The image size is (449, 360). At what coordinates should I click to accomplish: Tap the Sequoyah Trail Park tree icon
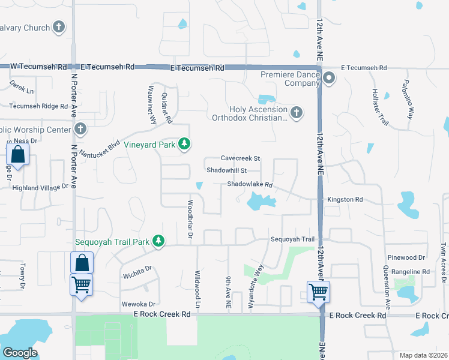158,242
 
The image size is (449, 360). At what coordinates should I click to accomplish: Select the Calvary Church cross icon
58,27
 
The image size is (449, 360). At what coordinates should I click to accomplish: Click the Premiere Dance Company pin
329,79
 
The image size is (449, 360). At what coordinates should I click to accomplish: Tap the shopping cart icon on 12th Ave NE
318,292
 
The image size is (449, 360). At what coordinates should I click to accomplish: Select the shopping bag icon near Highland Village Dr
18,154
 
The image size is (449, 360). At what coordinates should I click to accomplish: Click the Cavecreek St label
240,158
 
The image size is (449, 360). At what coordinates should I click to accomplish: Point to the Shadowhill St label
227,171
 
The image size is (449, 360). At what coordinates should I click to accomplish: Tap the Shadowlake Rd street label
250,185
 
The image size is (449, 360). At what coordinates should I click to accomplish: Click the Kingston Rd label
345,199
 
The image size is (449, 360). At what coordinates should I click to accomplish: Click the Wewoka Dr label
139,304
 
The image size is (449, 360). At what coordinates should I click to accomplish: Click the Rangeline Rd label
410,271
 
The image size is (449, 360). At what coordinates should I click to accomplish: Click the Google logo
20,353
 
